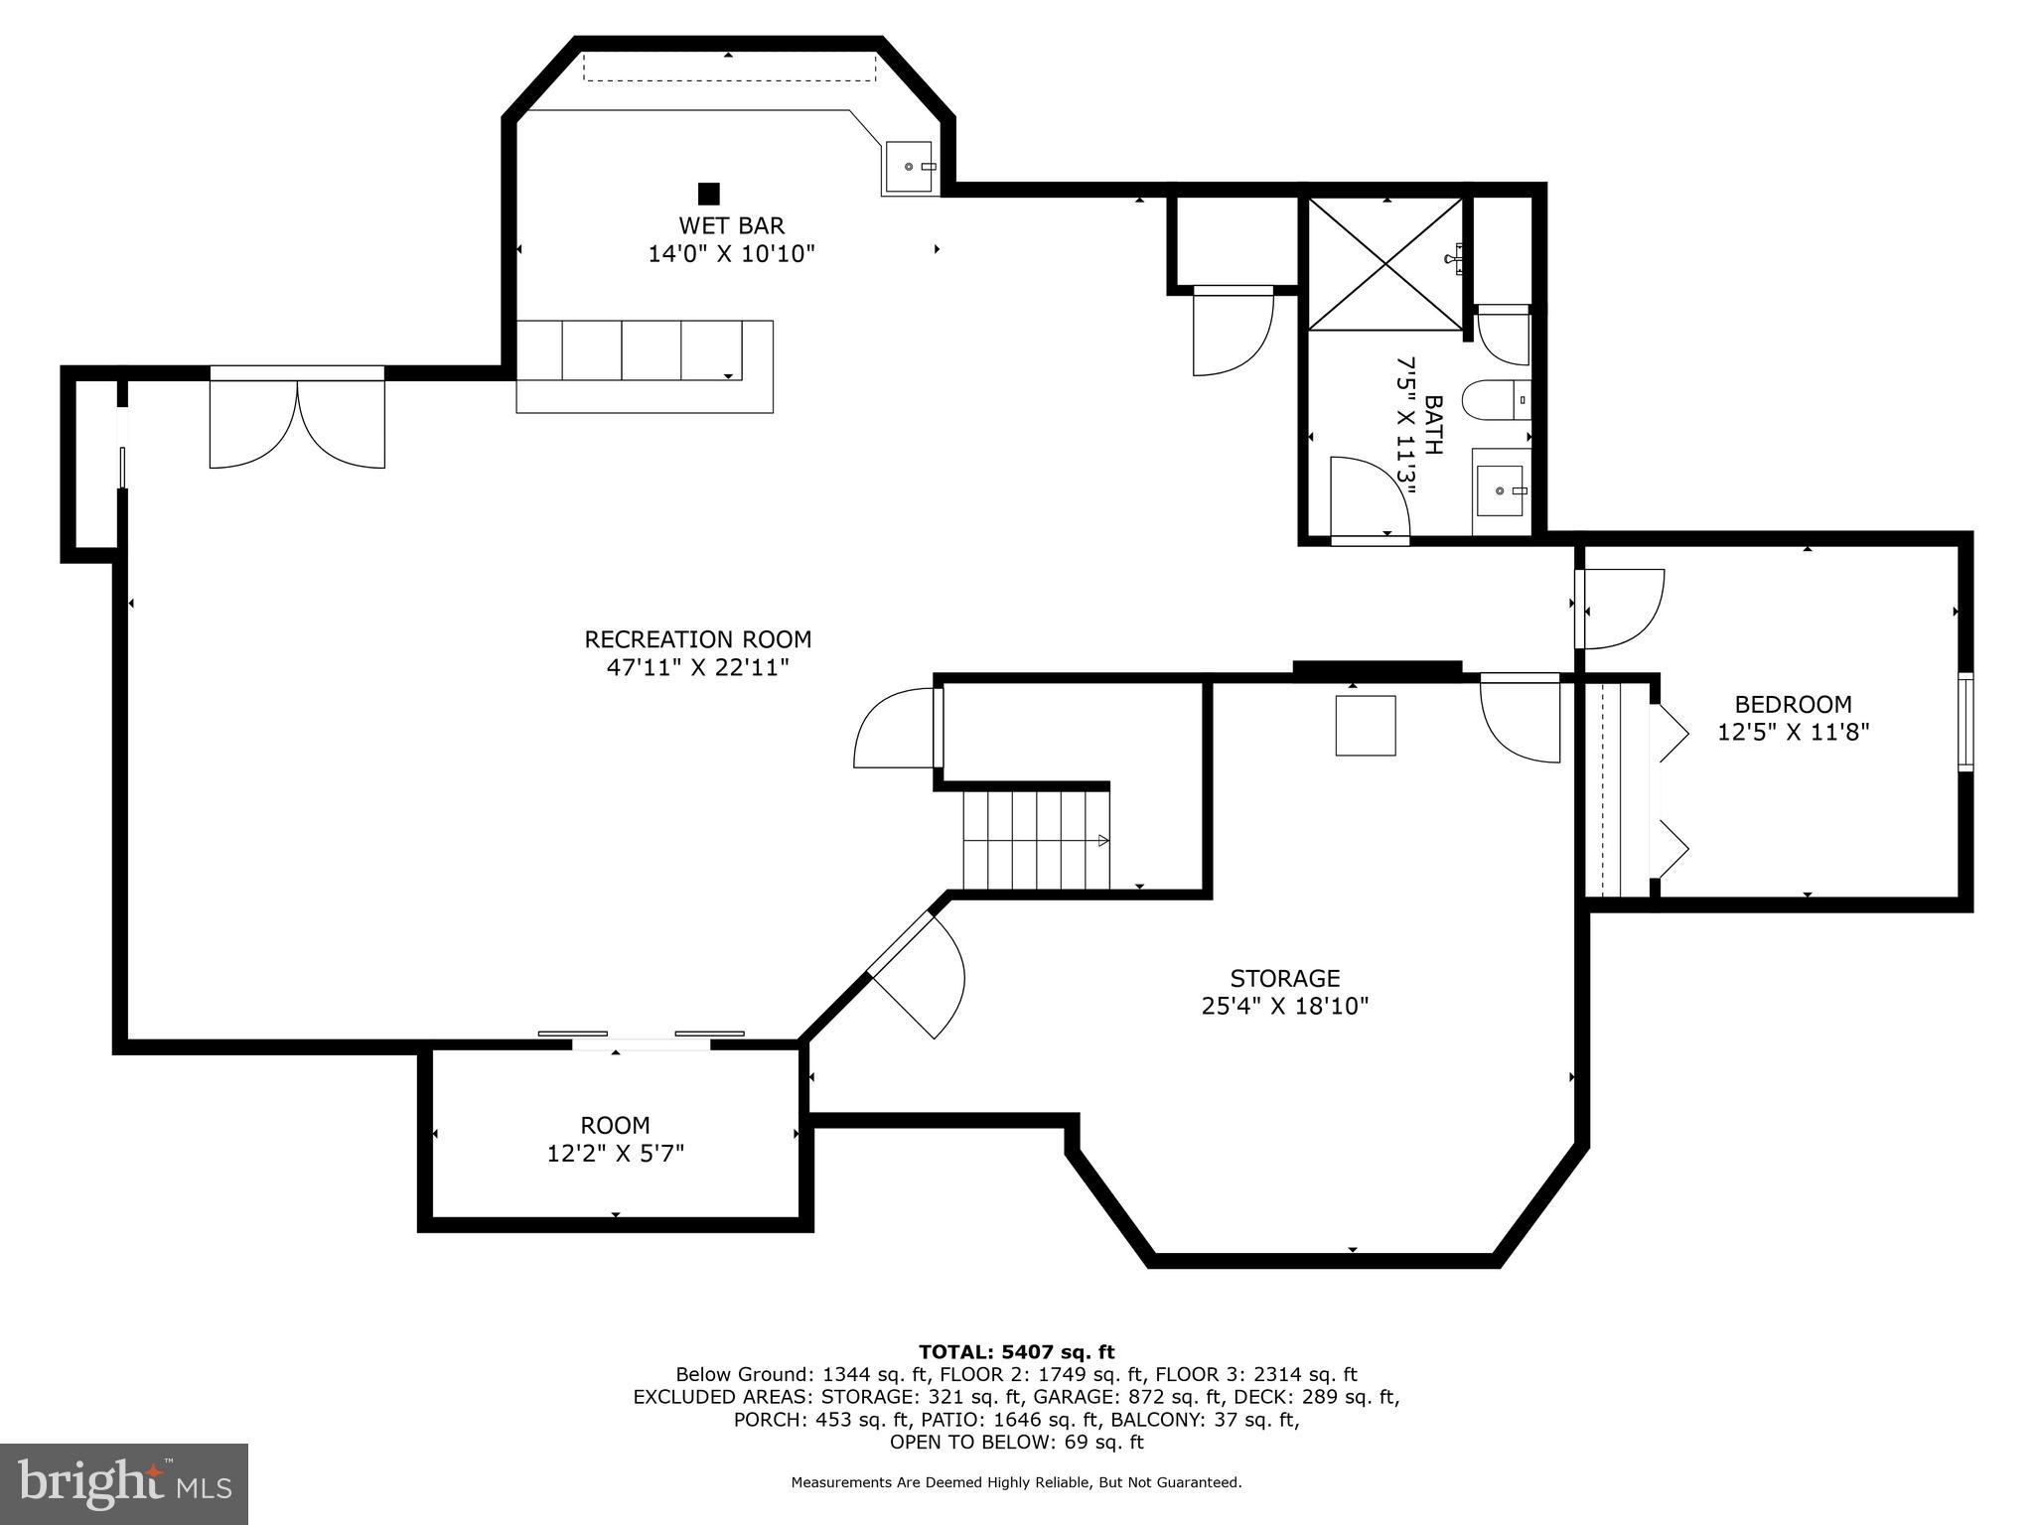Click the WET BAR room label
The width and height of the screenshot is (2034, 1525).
point(731,225)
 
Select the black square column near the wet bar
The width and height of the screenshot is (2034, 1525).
point(708,193)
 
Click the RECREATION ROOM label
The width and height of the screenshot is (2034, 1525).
point(697,639)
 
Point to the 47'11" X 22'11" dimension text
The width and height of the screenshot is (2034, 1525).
point(697,667)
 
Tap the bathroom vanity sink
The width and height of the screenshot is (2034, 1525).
point(1501,490)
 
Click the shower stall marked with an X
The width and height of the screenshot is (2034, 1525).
point(1385,263)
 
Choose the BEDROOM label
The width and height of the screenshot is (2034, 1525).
point(1793,705)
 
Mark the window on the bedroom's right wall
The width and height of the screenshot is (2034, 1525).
point(1964,721)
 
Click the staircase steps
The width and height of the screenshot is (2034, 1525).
point(1036,839)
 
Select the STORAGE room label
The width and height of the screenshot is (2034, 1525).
point(1285,978)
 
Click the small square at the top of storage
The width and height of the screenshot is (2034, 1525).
point(1365,726)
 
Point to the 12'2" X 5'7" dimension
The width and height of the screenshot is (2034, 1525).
point(615,1154)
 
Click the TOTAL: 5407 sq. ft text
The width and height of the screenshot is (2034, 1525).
point(1016,1351)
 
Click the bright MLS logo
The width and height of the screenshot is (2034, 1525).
point(123,1483)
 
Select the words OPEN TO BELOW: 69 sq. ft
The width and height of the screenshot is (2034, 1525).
point(1016,1443)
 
